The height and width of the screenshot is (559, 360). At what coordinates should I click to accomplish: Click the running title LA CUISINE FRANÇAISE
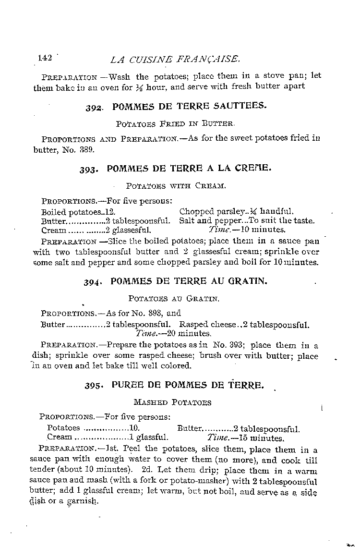175,60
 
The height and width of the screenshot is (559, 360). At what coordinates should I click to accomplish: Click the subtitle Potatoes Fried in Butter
175,123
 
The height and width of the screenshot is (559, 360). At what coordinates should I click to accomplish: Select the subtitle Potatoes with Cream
175,185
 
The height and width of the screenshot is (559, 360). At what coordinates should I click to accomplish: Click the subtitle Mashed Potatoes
172,402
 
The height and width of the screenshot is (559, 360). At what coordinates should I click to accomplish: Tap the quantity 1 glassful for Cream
148,437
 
